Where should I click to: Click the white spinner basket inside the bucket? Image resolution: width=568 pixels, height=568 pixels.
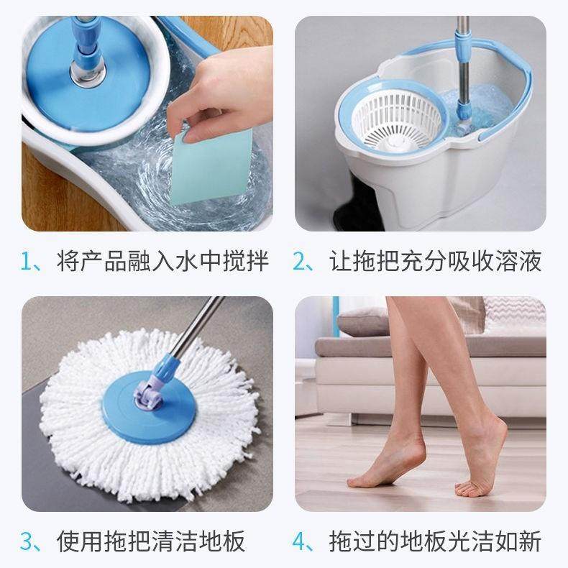coord(393,122)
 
